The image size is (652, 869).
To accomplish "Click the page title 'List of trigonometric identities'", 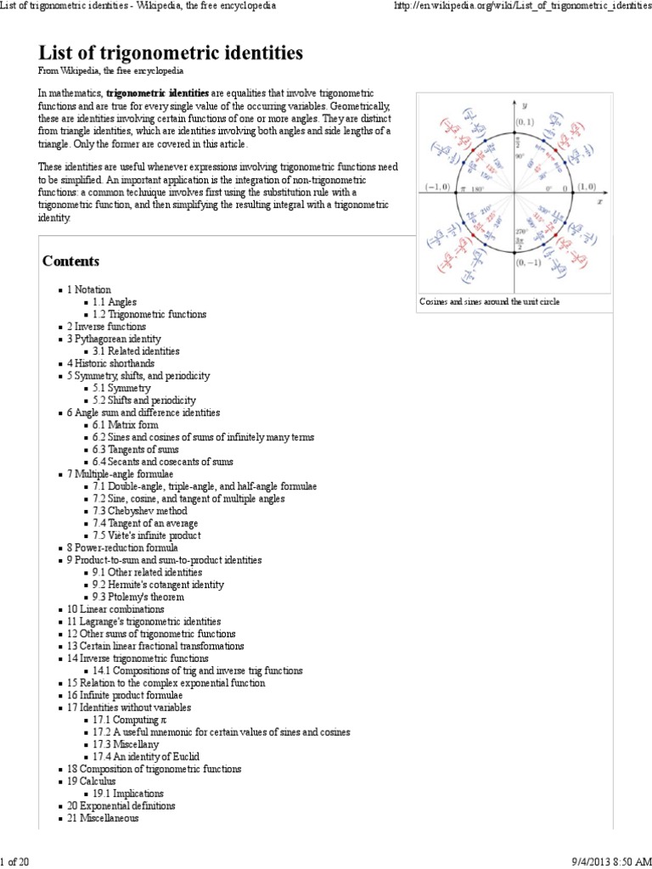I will coord(171,53).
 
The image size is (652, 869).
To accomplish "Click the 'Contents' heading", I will coord(71,261).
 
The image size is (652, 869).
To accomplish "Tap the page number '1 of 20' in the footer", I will coord(15,862).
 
